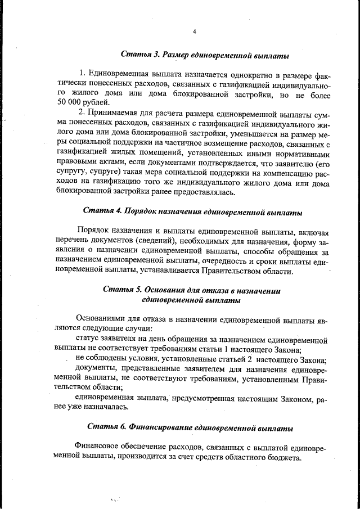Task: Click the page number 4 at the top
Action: point(193,31)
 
